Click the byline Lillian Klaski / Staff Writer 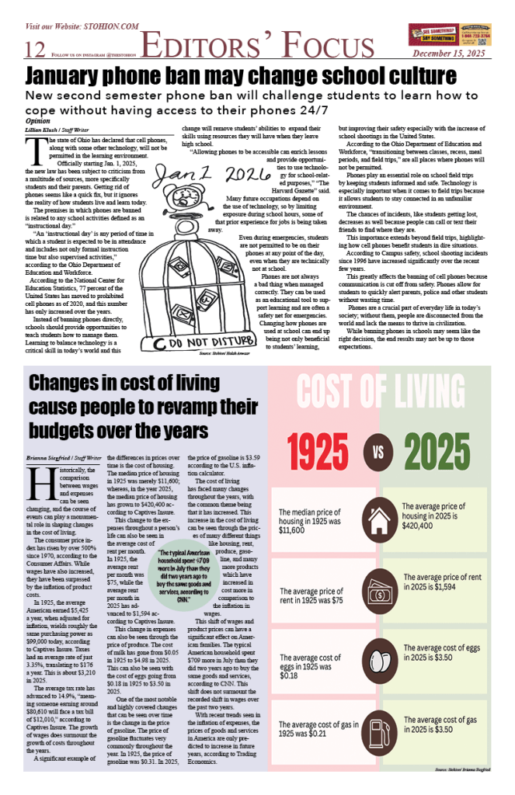[55, 129]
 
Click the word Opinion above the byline [37, 122]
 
